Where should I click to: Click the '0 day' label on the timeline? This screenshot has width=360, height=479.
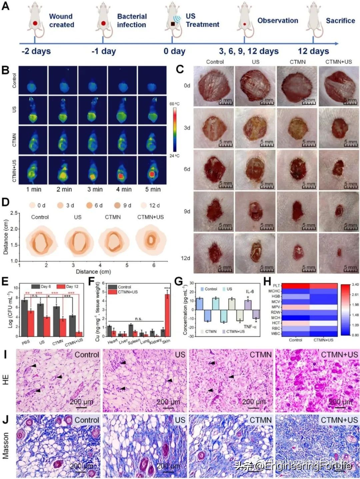coord(174,51)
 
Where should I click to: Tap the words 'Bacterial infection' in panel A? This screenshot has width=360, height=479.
coord(131,21)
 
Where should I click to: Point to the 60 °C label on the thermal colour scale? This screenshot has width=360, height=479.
coord(174,104)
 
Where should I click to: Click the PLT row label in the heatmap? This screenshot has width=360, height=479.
coord(276,286)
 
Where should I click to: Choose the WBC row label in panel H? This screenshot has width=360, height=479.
coord(276,334)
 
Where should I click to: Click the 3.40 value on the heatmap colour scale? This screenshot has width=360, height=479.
coord(355,285)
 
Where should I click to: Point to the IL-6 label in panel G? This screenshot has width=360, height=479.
coord(250,291)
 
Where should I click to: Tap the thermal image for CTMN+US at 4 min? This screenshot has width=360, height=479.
coord(123,170)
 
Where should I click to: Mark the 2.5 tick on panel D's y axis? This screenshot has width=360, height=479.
coord(14,213)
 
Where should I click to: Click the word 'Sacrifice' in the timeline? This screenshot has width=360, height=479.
coord(340,21)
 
